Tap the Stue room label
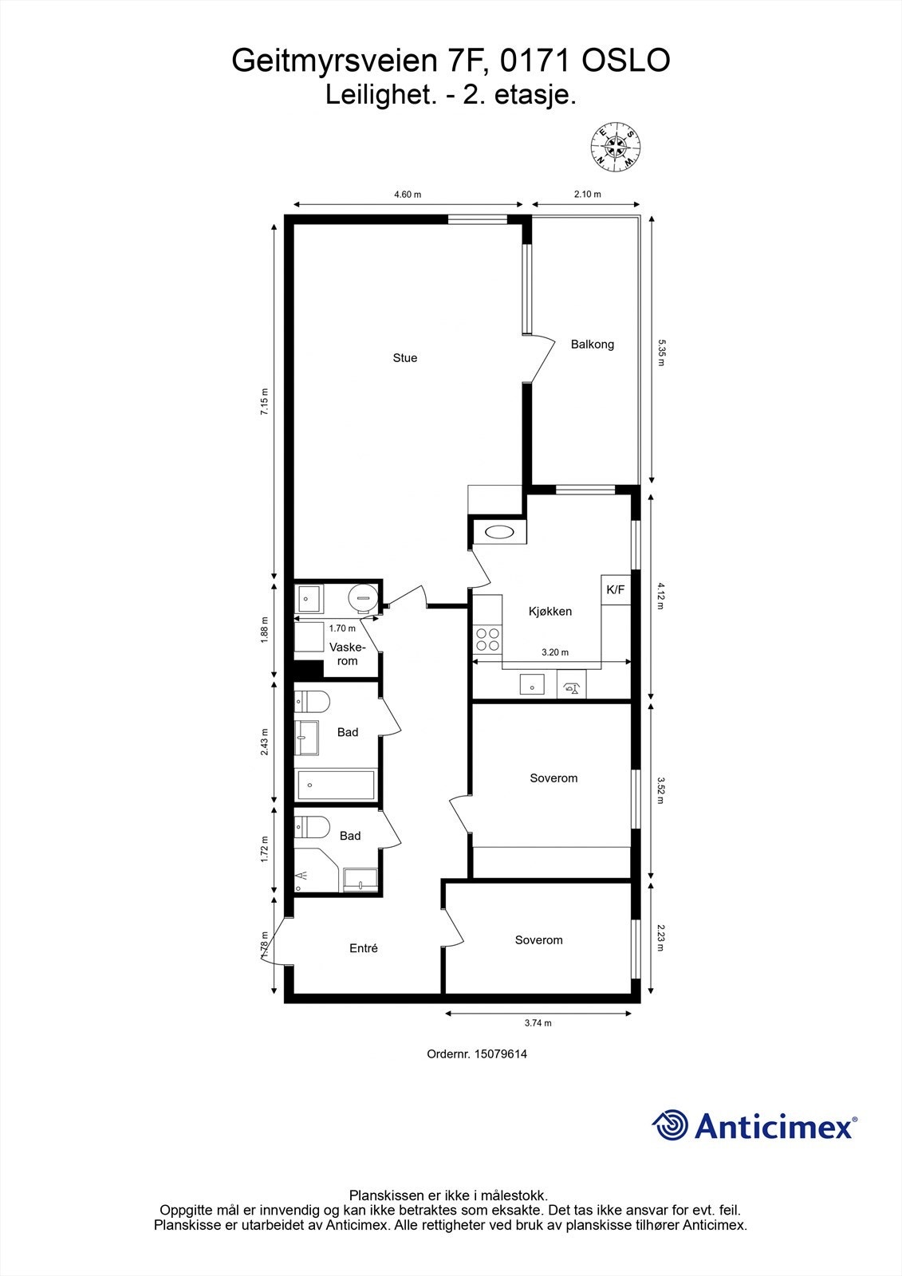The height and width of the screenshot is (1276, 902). click(x=405, y=358)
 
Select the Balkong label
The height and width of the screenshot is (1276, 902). click(x=593, y=345)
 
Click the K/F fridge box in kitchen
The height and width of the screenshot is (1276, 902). click(x=616, y=590)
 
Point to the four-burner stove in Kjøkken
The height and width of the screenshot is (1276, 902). click(x=487, y=639)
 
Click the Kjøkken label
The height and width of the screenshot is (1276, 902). click(x=550, y=612)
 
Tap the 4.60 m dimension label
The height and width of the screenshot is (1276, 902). click(x=408, y=195)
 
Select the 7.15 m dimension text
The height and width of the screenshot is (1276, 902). click(x=266, y=401)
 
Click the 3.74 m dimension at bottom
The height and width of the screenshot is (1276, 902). click(x=538, y=1023)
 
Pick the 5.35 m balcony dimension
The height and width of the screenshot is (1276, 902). click(x=660, y=352)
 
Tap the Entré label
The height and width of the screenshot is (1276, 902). click(x=364, y=948)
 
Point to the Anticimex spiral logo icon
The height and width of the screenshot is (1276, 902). click(x=670, y=1125)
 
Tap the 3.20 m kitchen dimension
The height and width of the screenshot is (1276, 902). click(x=555, y=652)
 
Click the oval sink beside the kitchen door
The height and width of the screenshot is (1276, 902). click(x=499, y=533)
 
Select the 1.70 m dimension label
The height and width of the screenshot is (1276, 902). click(x=343, y=628)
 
